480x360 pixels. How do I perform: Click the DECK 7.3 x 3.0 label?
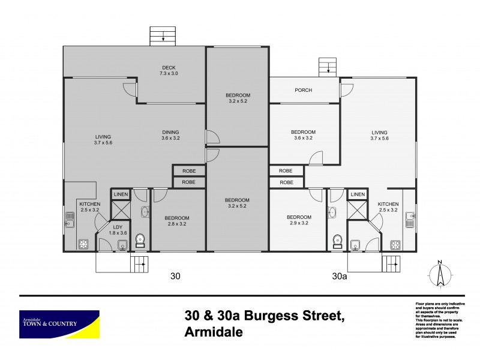[169, 70]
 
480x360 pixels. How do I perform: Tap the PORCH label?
[303, 91]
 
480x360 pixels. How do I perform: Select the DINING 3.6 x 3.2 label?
[170, 135]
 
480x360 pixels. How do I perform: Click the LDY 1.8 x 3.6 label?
[118, 230]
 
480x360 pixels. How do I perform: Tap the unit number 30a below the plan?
[340, 277]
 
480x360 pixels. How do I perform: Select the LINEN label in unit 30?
[121, 194]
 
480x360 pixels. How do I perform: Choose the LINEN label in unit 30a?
[358, 194]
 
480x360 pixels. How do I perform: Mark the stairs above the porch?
[328, 67]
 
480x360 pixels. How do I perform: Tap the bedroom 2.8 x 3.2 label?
[178, 221]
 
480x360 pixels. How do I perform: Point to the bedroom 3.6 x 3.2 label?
[303, 135]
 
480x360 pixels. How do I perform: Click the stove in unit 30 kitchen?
[83, 244]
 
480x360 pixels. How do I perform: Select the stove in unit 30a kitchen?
[396, 244]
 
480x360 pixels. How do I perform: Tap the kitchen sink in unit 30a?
[410, 220]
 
